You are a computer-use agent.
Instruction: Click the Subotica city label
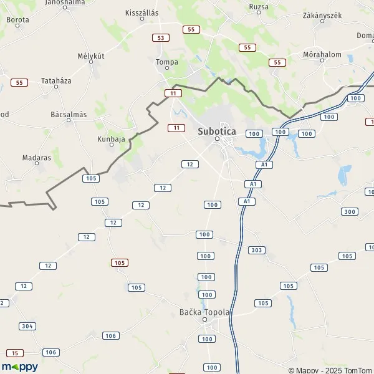[217, 132]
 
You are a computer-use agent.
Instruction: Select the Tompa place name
[166, 62]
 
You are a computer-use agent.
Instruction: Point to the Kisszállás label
[141, 12]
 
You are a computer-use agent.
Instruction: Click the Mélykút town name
[89, 56]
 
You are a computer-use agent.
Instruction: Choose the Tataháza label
[57, 81]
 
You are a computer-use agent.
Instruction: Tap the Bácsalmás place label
[69, 115]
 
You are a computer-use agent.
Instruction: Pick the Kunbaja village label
[112, 139]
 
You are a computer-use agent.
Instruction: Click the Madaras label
[37, 158]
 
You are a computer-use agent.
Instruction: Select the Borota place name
[17, 20]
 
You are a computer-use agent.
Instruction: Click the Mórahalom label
[322, 54]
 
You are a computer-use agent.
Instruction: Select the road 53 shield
[161, 38]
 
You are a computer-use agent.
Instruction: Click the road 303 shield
[256, 250]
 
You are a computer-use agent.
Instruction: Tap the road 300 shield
[350, 212]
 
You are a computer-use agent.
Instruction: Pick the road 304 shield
[27, 326]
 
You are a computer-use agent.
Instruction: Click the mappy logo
[20, 367]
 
